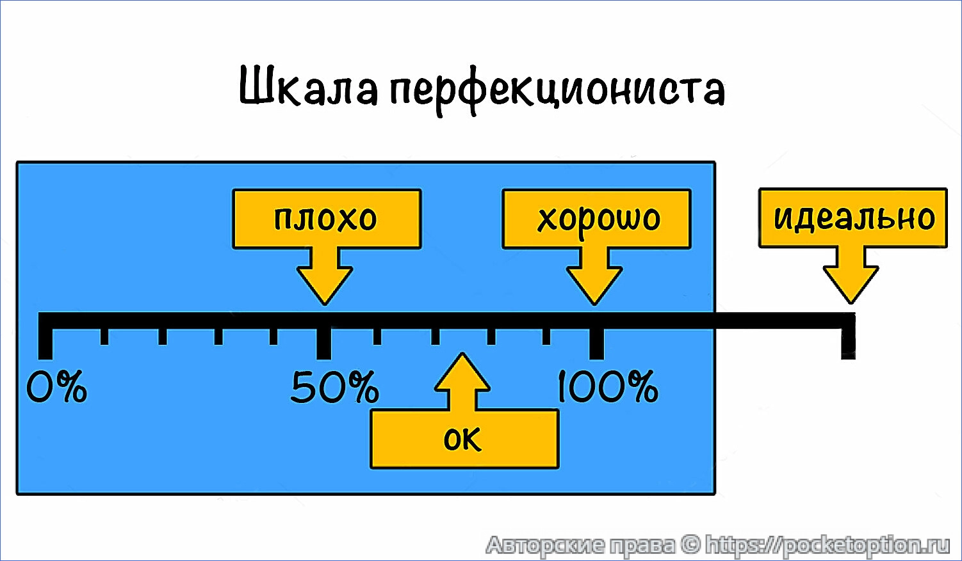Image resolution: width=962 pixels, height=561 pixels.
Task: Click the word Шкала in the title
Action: (308, 87)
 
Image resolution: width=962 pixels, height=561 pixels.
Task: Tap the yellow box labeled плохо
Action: (326, 219)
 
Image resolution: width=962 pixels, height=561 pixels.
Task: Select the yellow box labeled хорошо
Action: (596, 219)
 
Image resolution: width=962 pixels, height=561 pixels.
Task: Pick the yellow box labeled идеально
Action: (852, 217)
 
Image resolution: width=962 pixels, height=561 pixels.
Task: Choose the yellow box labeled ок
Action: (464, 439)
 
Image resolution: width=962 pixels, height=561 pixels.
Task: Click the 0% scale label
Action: (56, 388)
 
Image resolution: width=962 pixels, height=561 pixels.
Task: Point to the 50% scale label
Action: (334, 388)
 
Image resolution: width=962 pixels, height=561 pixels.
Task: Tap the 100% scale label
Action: (607, 388)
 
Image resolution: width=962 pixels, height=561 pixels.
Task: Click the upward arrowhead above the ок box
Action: (462, 375)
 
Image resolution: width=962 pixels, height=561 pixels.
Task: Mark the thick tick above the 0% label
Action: (45, 342)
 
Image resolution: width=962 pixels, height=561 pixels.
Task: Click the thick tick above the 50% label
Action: (324, 342)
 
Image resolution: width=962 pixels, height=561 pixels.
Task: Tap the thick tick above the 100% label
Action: (596, 342)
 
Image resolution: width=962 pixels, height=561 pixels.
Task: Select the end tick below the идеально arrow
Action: (848, 342)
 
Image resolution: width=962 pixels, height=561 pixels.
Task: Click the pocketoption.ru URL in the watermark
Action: (827, 545)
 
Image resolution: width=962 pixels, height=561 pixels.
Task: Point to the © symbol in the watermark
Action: (690, 545)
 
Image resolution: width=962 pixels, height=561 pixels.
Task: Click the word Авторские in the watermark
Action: (545, 545)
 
